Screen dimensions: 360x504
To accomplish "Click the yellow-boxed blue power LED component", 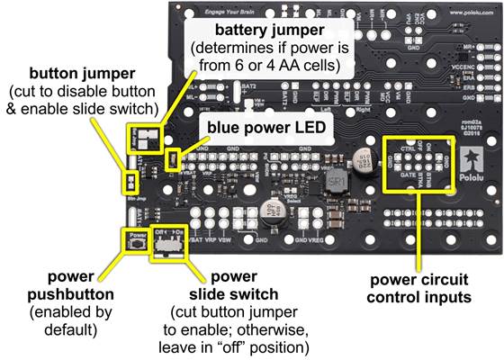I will click(175, 136).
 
